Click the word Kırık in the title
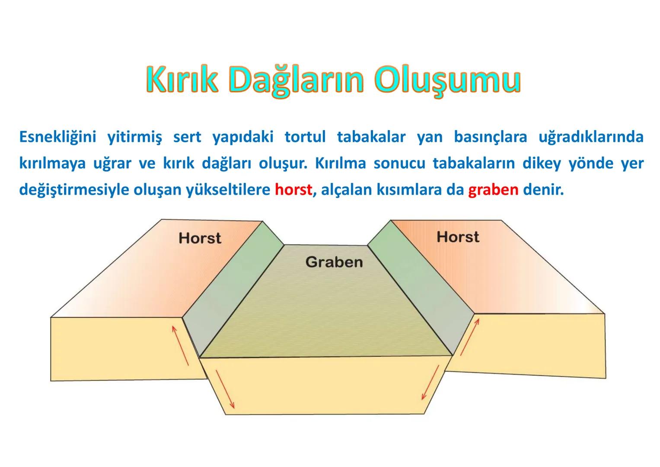pos(182,80)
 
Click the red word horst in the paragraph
pos(293,190)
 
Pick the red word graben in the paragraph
pos(493,190)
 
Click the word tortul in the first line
pos(305,137)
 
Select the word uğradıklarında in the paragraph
pos(591,137)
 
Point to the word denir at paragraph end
pos(543,190)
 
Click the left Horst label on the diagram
pos(200,238)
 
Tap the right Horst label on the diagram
pos(458,237)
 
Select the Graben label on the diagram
pos(334,262)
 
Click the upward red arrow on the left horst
pos(180,345)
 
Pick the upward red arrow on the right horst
pos(470,337)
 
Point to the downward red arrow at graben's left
pos(225,389)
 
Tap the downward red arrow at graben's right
pos(430,382)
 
